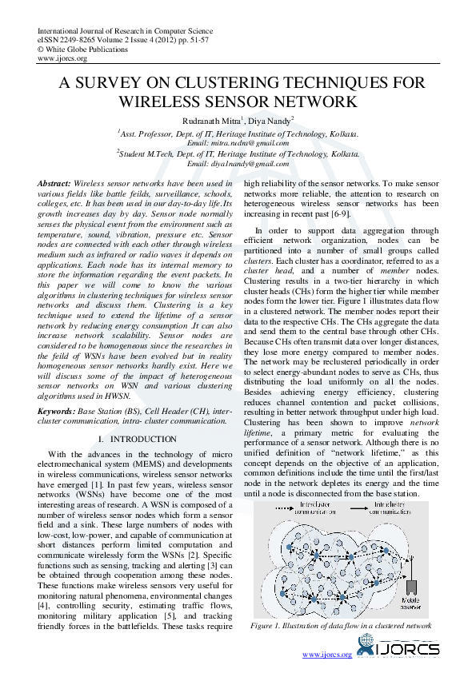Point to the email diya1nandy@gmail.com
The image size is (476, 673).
click(x=238, y=163)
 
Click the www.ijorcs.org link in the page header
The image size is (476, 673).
click(x=62, y=58)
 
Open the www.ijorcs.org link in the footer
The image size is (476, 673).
click(x=326, y=655)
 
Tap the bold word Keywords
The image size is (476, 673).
click(x=57, y=411)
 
